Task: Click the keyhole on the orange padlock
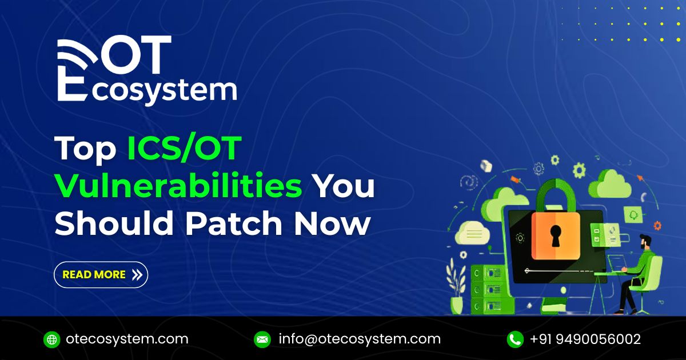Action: (x=556, y=235)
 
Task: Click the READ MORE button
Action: (x=101, y=275)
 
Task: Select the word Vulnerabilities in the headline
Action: (x=178, y=187)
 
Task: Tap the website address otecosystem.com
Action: (x=127, y=339)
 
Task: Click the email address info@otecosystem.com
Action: (x=360, y=339)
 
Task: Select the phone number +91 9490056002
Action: (x=585, y=339)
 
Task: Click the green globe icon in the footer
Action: (x=51, y=339)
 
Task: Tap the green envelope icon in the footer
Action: (x=262, y=339)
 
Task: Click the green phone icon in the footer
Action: (x=514, y=339)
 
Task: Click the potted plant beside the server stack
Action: (x=457, y=289)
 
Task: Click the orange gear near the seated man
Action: (x=657, y=226)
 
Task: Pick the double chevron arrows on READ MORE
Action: (x=137, y=275)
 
